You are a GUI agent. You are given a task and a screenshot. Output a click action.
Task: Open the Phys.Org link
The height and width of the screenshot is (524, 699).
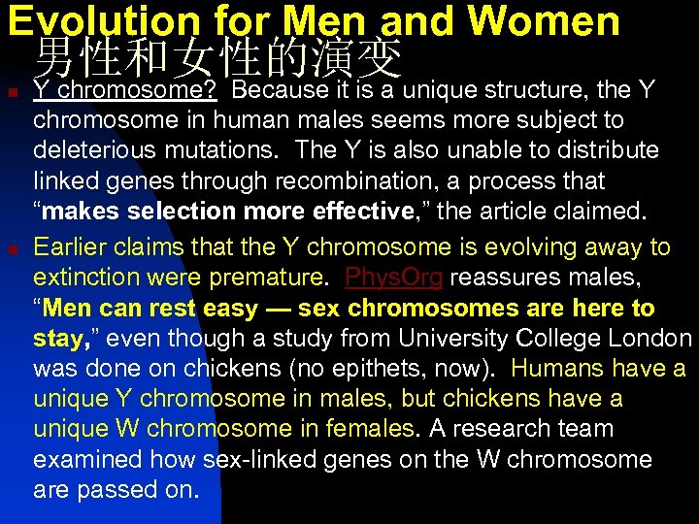[x=394, y=278]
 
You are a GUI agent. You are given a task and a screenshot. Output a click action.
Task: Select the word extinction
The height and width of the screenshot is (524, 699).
[x=87, y=278]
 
